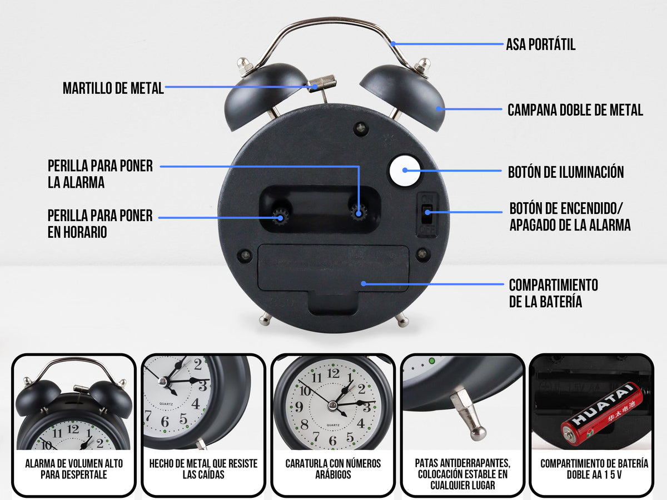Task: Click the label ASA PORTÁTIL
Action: pyautogui.click(x=540, y=44)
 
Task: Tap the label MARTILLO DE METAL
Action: pyautogui.click(x=113, y=88)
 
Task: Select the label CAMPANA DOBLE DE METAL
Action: pyautogui.click(x=575, y=110)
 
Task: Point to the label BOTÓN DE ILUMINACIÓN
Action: pyautogui.click(x=565, y=172)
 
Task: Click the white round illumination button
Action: pyautogui.click(x=403, y=172)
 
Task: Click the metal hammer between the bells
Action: pyautogui.click(x=322, y=83)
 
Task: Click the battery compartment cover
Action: pyautogui.click(x=333, y=269)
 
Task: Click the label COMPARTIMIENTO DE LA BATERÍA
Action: pyautogui.click(x=553, y=293)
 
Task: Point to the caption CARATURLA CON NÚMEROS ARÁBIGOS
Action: pyautogui.click(x=333, y=469)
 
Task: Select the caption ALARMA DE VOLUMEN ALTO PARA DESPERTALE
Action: pyautogui.click(x=73, y=469)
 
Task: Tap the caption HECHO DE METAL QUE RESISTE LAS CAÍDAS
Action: pyautogui.click(x=203, y=469)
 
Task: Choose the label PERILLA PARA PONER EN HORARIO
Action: pyautogui.click(x=100, y=224)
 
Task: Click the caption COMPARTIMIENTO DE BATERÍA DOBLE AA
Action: pyautogui.click(x=594, y=469)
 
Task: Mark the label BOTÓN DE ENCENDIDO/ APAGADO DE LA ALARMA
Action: pyautogui.click(x=570, y=217)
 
